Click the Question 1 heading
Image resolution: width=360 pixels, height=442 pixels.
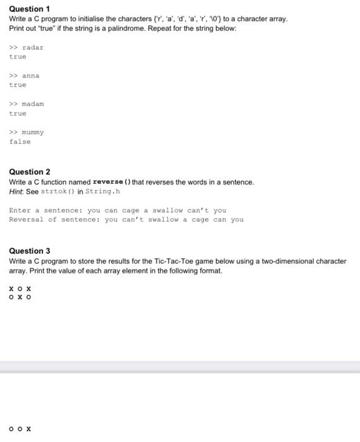pyautogui.click(x=30, y=9)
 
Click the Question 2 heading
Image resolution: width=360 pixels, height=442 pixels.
pyautogui.click(x=30, y=172)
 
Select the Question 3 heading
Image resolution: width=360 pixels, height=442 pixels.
pyautogui.click(x=30, y=251)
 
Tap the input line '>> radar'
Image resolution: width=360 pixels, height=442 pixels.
pyautogui.click(x=27, y=47)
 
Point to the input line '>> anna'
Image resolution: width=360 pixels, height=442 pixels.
pyautogui.click(x=24, y=76)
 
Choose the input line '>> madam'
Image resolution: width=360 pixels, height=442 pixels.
pyautogui.click(x=27, y=104)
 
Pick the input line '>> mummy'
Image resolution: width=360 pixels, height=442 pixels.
pyautogui.click(x=27, y=133)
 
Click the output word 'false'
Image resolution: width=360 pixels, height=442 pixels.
pyautogui.click(x=20, y=142)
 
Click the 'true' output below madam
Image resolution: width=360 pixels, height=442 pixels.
pyautogui.click(x=18, y=114)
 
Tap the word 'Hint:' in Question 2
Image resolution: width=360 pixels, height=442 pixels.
pyautogui.click(x=18, y=191)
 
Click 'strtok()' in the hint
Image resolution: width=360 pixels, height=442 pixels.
pyautogui.click(x=58, y=191)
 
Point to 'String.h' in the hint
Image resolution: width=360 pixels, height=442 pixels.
pyautogui.click(x=102, y=191)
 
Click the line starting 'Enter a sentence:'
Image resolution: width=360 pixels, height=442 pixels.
pyautogui.click(x=117, y=210)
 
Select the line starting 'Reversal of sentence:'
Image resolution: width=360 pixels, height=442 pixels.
pyautogui.click(x=126, y=220)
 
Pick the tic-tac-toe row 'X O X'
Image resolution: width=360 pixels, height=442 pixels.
pyautogui.click(x=20, y=289)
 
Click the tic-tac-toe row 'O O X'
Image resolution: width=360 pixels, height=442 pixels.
pyautogui.click(x=20, y=429)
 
